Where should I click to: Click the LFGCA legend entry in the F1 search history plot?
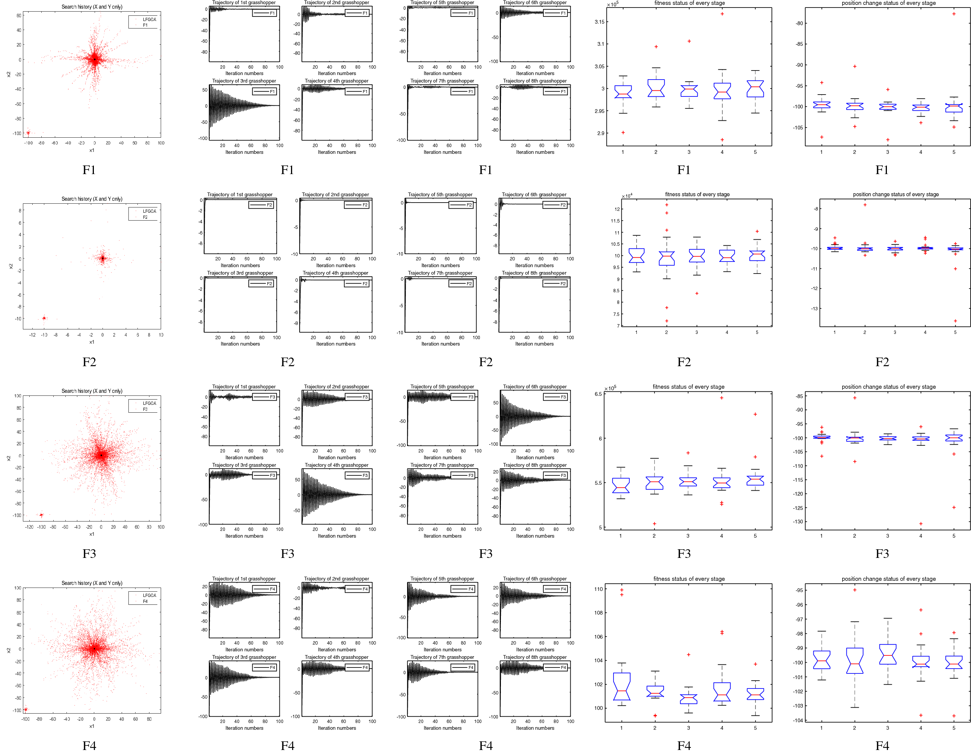tap(149, 20)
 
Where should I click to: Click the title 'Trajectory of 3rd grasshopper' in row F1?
tap(244, 81)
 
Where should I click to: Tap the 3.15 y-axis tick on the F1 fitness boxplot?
tap(599, 22)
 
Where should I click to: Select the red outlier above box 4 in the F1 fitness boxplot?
tap(722, 14)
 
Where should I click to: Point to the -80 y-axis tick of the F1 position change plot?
tap(799, 23)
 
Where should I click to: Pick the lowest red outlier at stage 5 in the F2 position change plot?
tap(955, 321)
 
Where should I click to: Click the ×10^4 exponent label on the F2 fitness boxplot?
tap(627, 196)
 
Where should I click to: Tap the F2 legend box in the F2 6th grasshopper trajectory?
tap(555, 205)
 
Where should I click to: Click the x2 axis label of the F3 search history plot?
tap(8, 458)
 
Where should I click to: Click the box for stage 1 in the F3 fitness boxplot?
tap(621, 485)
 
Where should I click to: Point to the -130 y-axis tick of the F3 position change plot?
tap(798, 522)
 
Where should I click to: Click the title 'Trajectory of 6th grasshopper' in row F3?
tap(534, 386)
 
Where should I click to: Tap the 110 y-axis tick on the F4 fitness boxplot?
tap(598, 589)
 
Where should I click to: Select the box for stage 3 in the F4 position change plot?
tap(887, 654)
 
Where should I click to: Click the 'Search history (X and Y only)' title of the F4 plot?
tap(92, 583)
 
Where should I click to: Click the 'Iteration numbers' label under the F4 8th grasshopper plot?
tap(535, 728)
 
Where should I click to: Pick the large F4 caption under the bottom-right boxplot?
tap(882, 745)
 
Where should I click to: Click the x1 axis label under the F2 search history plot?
tap(92, 342)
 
